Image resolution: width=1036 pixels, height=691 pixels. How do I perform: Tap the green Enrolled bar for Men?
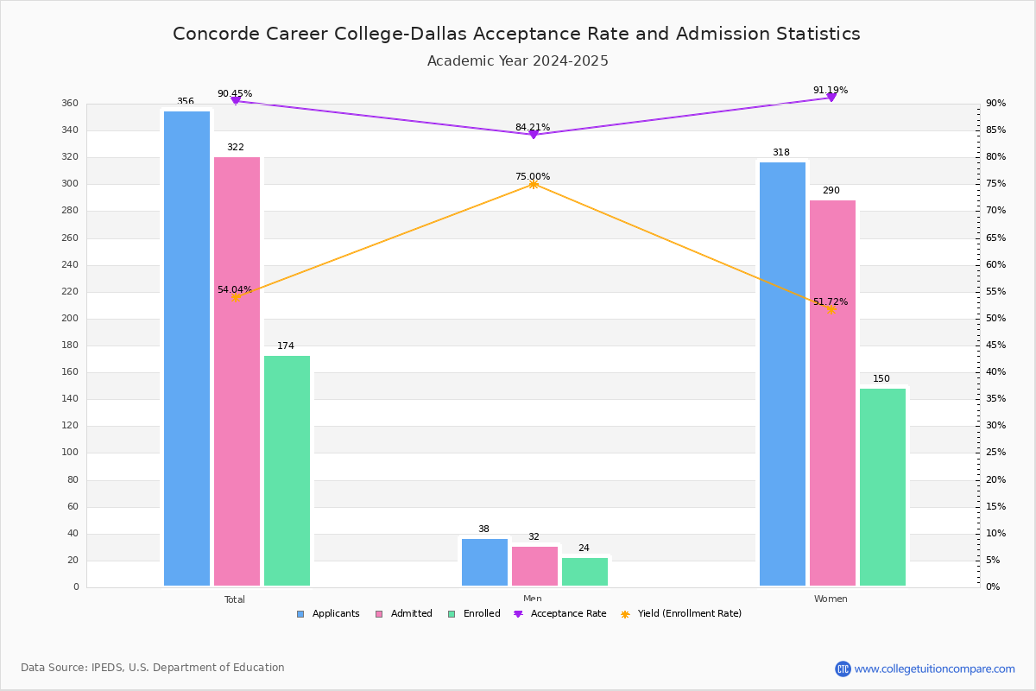(x=584, y=572)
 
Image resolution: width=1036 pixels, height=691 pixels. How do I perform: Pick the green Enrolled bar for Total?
(x=287, y=471)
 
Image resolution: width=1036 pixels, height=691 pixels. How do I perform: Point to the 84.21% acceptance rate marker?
(x=533, y=134)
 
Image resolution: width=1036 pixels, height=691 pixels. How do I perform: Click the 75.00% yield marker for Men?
(x=533, y=184)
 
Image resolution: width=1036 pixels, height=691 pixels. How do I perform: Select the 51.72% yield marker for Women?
(x=831, y=309)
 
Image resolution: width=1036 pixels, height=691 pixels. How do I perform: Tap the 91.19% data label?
(x=830, y=90)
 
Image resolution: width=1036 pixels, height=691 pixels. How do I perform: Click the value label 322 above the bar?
(x=235, y=148)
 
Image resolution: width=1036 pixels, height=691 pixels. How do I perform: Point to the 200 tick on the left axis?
(x=69, y=319)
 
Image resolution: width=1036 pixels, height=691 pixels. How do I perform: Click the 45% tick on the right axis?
(x=995, y=345)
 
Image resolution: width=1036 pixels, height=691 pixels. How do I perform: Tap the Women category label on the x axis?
(x=830, y=599)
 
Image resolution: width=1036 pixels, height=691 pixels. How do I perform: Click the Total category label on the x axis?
(x=234, y=599)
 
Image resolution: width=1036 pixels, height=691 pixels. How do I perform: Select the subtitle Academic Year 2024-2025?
(x=517, y=61)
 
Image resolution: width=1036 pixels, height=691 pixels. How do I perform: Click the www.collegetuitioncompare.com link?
(x=934, y=669)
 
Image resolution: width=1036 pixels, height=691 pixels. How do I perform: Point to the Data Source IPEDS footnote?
(x=153, y=668)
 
